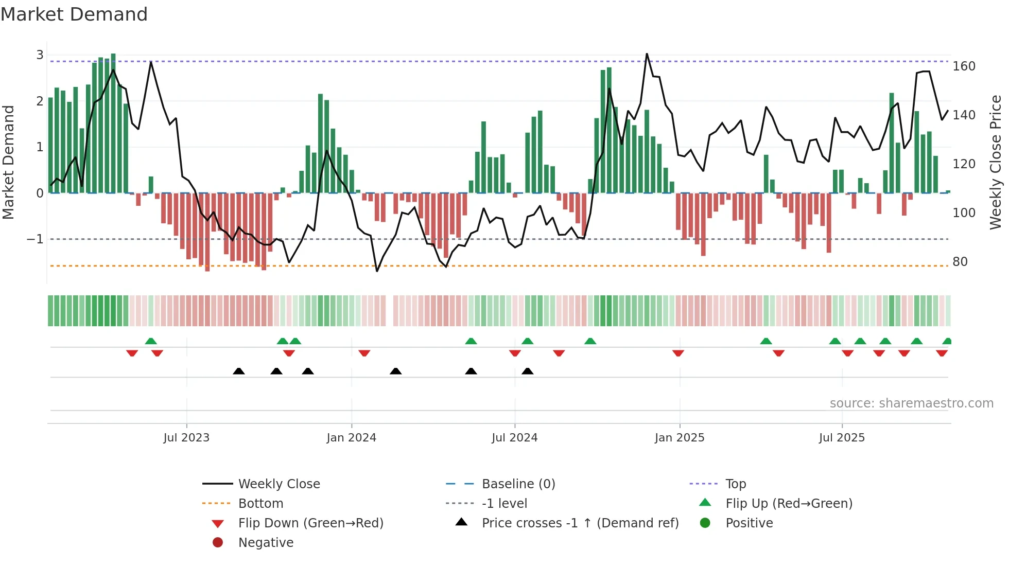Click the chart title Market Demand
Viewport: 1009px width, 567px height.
click(74, 14)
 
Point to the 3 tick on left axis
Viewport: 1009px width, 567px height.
click(40, 55)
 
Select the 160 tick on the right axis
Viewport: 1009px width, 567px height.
click(964, 66)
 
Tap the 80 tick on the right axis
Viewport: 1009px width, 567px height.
click(960, 262)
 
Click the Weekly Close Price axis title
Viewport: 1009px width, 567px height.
click(996, 162)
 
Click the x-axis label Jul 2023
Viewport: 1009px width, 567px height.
click(186, 438)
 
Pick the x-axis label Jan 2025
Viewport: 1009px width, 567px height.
click(680, 438)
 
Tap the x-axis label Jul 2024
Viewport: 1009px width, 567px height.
click(514, 438)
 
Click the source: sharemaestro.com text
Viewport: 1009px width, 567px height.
click(911, 403)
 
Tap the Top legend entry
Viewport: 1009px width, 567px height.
click(735, 484)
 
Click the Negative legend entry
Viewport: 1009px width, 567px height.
click(266, 543)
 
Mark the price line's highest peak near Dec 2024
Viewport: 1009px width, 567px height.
click(647, 54)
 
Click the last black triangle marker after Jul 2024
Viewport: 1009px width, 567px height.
click(527, 371)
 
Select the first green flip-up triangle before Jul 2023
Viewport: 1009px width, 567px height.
click(151, 341)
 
